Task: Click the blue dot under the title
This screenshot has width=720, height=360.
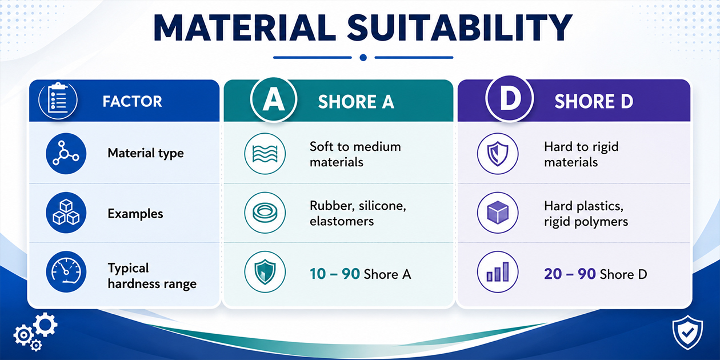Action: coord(363,58)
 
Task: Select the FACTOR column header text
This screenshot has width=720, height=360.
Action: coord(132,102)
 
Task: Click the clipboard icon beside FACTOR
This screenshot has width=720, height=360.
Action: coord(58,99)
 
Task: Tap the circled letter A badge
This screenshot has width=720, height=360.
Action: coord(274,99)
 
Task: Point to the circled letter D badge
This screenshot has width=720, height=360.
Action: coord(510,98)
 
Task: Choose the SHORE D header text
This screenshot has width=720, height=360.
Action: coord(594,102)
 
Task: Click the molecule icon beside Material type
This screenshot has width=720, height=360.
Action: coord(66,154)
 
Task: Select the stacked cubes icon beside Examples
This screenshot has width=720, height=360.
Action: coord(66,213)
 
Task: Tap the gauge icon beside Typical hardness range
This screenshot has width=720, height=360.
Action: coord(66,272)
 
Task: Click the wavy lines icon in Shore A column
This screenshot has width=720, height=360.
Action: coord(265,154)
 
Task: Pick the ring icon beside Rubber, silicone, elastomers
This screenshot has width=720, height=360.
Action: coord(265,213)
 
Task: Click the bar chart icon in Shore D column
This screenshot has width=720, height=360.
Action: coord(498,272)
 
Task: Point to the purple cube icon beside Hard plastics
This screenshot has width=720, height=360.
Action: coord(498,213)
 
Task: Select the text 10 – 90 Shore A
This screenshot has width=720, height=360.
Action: coord(361,274)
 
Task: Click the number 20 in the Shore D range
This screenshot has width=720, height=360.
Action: coord(553,274)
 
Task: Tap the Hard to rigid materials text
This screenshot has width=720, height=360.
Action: coord(581,154)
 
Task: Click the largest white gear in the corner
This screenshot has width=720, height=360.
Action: coord(45,325)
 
